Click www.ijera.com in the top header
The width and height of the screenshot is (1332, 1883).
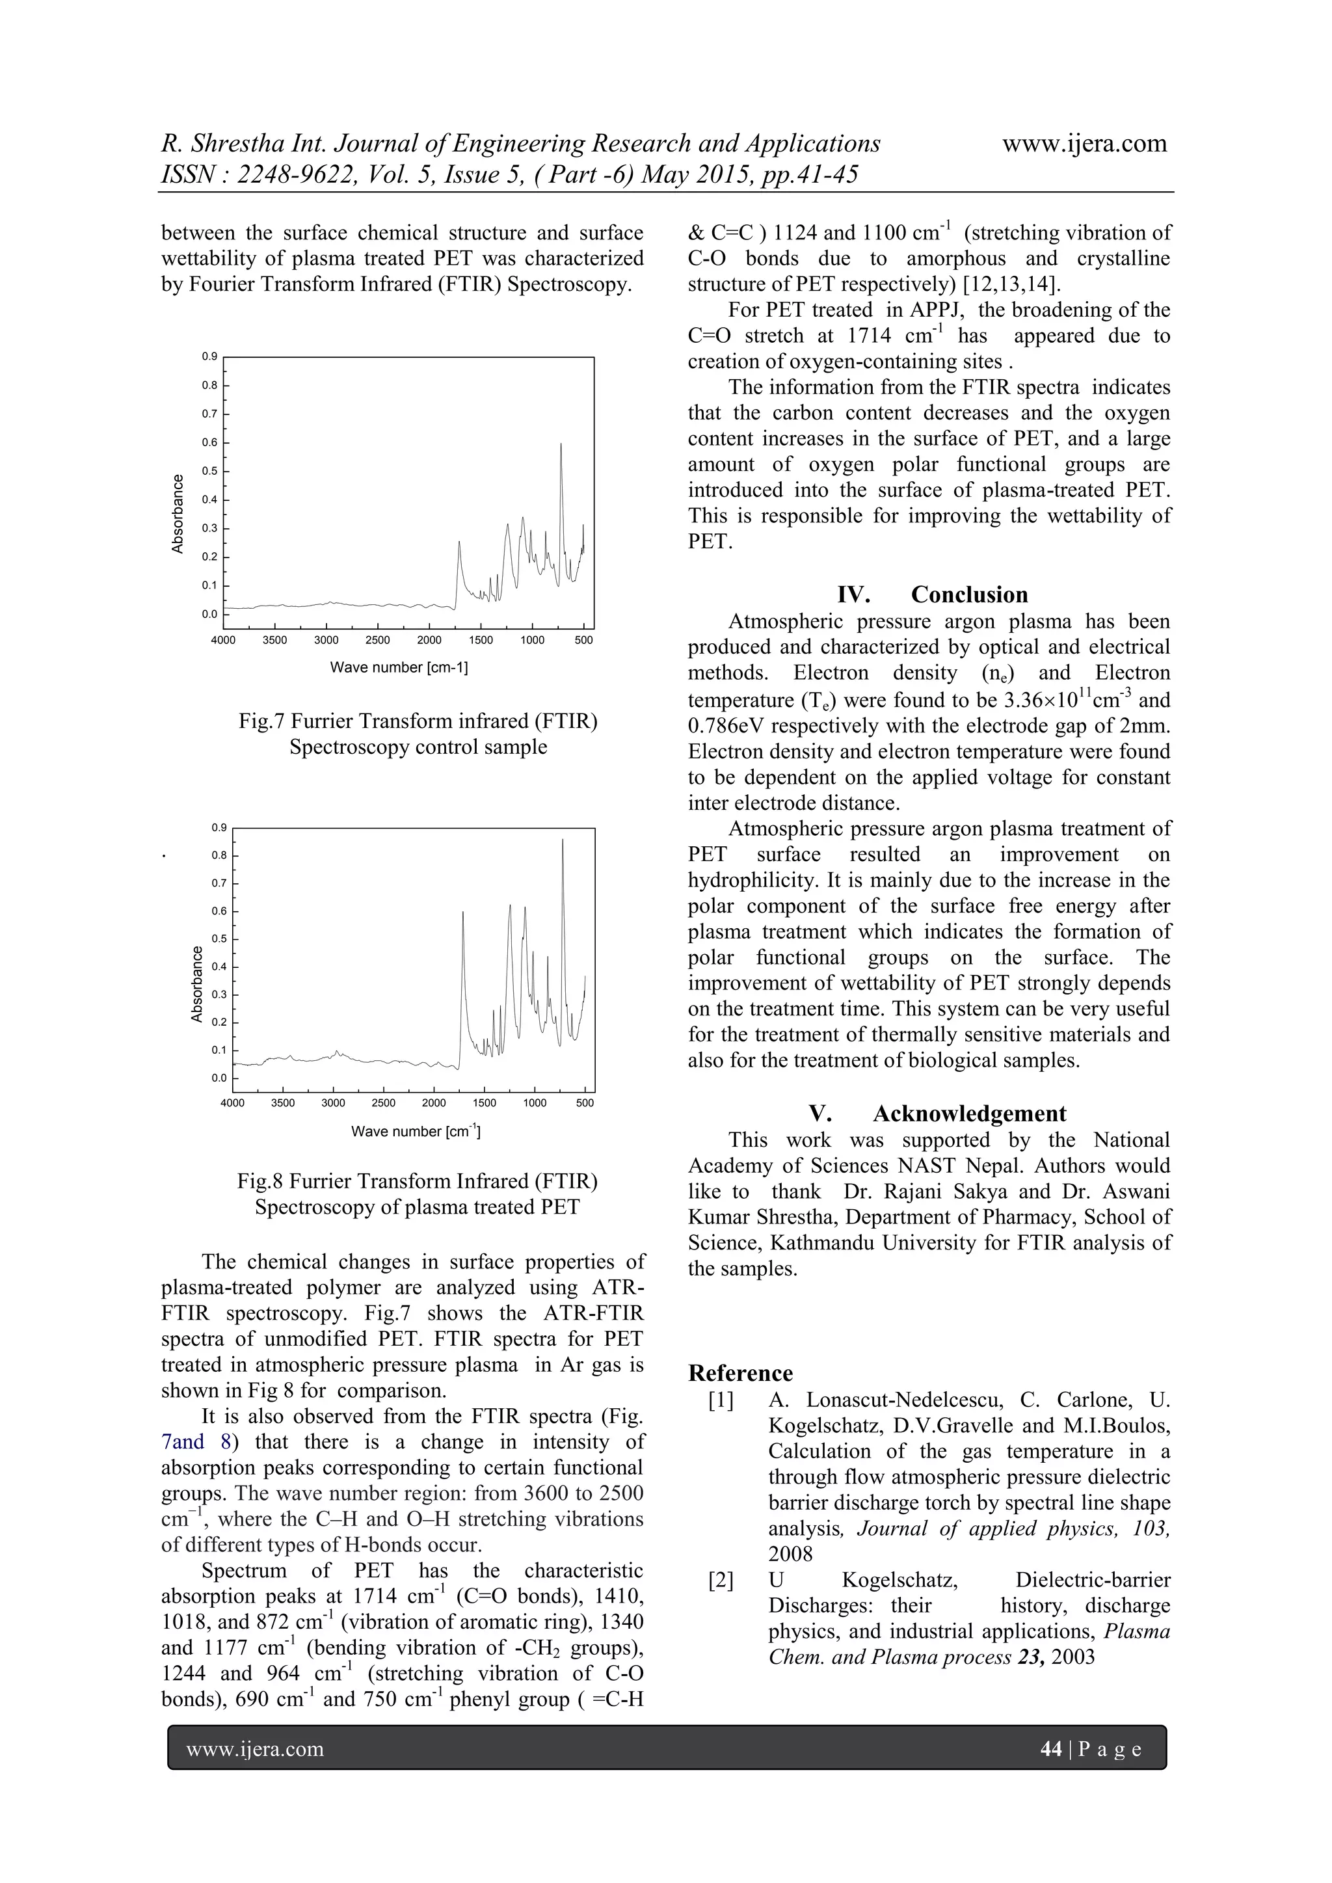pyautogui.click(x=1084, y=144)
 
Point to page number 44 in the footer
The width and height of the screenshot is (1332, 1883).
pyautogui.click(x=1050, y=1749)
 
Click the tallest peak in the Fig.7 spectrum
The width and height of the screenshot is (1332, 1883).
pyautogui.click(x=561, y=444)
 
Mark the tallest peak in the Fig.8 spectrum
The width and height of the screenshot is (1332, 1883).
pyautogui.click(x=563, y=840)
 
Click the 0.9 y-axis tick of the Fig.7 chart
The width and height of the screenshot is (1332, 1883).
pyautogui.click(x=210, y=356)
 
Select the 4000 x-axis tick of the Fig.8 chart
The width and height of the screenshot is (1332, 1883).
pyautogui.click(x=232, y=1103)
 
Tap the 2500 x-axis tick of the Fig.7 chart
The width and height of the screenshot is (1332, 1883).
pyautogui.click(x=377, y=641)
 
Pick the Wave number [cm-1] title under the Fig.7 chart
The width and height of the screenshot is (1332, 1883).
pyautogui.click(x=399, y=667)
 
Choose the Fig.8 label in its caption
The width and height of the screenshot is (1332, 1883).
pyautogui.click(x=260, y=1182)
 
